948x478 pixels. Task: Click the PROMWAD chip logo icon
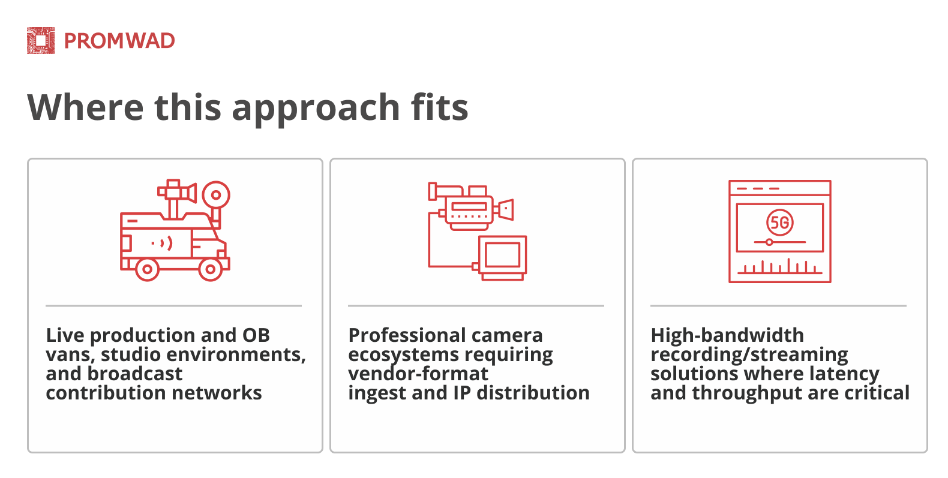(x=41, y=41)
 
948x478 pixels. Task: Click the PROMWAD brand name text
(x=119, y=41)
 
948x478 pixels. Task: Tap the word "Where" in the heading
(x=85, y=107)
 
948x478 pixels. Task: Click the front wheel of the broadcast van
(x=211, y=269)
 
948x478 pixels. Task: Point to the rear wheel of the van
(x=147, y=269)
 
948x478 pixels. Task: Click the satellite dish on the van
(x=216, y=195)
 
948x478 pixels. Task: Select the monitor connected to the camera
(x=503, y=258)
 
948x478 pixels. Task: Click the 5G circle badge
(x=779, y=223)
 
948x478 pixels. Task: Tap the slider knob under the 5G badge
(x=769, y=242)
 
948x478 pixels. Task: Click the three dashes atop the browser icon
(x=758, y=188)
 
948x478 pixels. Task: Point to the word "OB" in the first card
(x=256, y=335)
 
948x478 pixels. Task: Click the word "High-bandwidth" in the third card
(x=727, y=335)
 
